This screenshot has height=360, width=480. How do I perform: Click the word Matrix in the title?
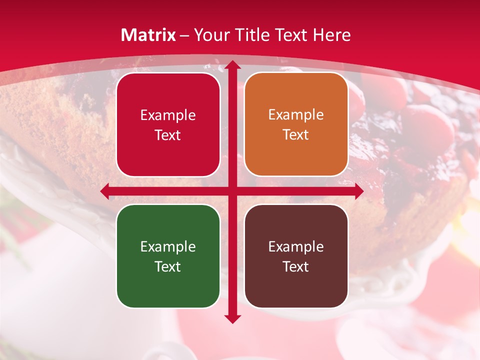(148, 35)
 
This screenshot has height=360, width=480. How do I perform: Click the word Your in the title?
(209, 35)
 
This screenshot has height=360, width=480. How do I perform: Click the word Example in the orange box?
(296, 115)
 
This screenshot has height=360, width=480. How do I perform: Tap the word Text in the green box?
(168, 266)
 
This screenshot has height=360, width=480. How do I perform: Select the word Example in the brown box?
(296, 246)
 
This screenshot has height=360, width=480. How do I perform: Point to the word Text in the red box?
(168, 135)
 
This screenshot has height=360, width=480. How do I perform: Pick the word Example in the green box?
(168, 246)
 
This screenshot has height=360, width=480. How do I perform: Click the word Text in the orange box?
(296, 135)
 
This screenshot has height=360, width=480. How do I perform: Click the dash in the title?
(184, 35)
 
